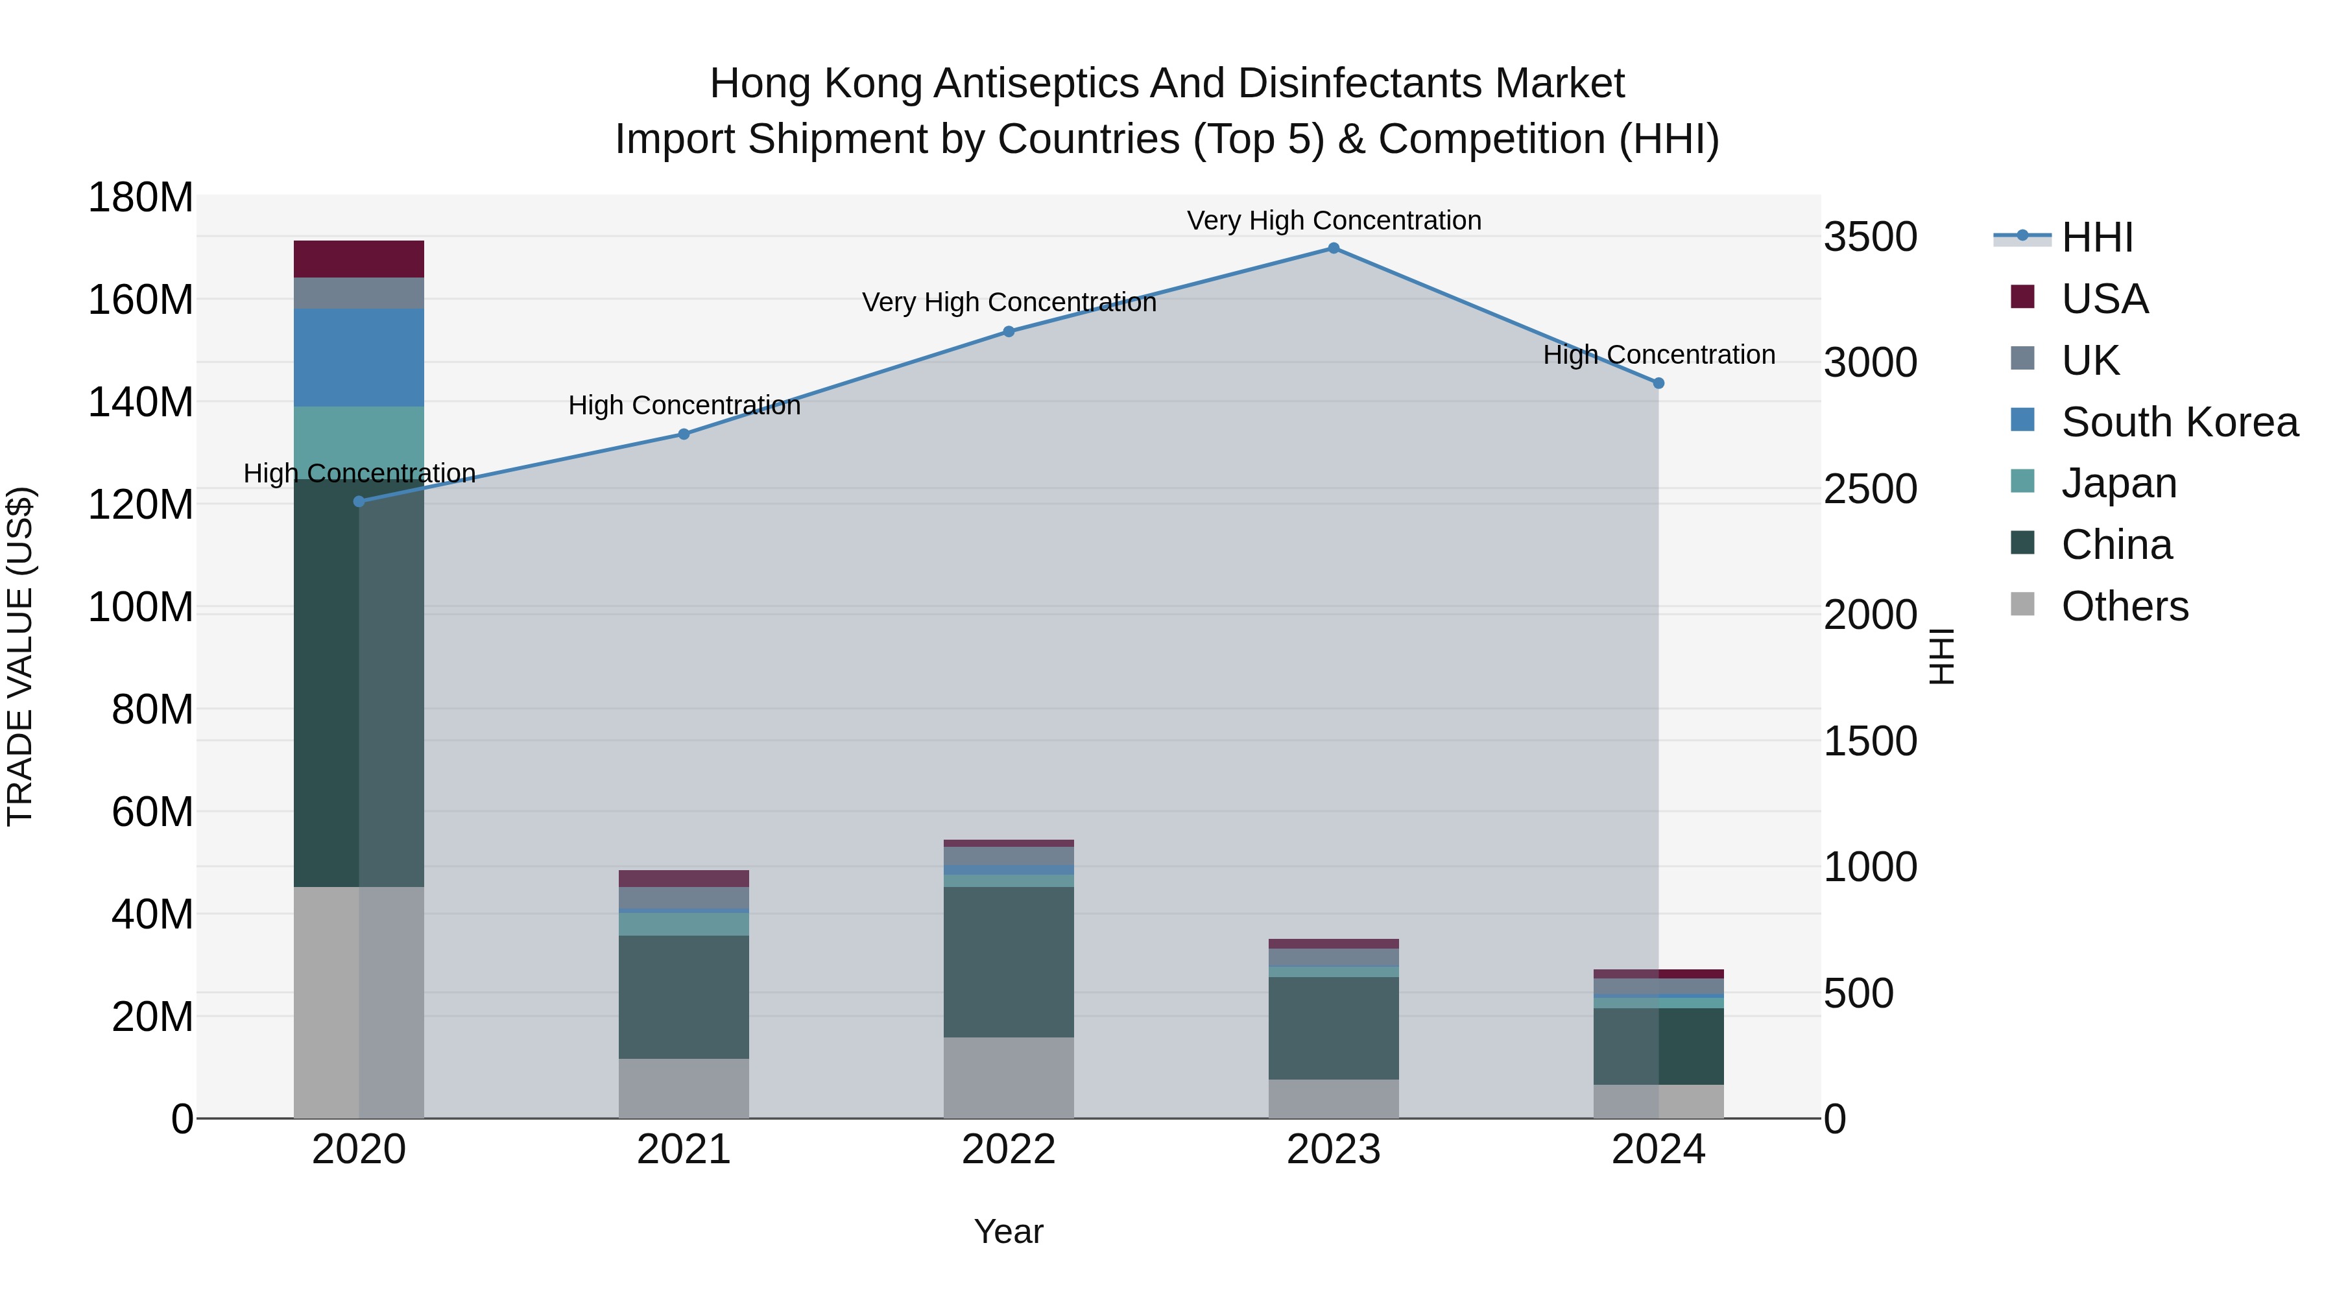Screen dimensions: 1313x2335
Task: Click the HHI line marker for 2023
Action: pos(1334,248)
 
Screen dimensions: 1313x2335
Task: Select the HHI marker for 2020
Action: pos(359,501)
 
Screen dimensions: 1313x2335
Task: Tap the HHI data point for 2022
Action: pos(1009,331)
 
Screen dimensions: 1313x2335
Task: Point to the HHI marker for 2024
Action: pos(1658,383)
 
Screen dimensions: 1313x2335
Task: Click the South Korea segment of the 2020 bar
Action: pos(359,357)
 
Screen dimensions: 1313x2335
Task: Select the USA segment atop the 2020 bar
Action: pos(359,259)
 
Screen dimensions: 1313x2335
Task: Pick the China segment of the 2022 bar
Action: pos(1009,962)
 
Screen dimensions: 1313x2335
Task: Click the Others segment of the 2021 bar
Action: pos(684,1088)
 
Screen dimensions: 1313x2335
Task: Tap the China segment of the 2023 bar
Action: pos(1334,1028)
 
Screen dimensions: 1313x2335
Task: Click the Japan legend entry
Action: pos(2118,483)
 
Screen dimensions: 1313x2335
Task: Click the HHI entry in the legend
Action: pos(2096,237)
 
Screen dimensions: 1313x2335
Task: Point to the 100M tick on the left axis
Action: pos(141,607)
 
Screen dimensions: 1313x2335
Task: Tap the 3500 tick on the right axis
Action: pos(1871,237)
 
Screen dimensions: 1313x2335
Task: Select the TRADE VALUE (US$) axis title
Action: pos(20,656)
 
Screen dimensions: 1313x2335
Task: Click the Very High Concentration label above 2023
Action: pos(1334,220)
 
